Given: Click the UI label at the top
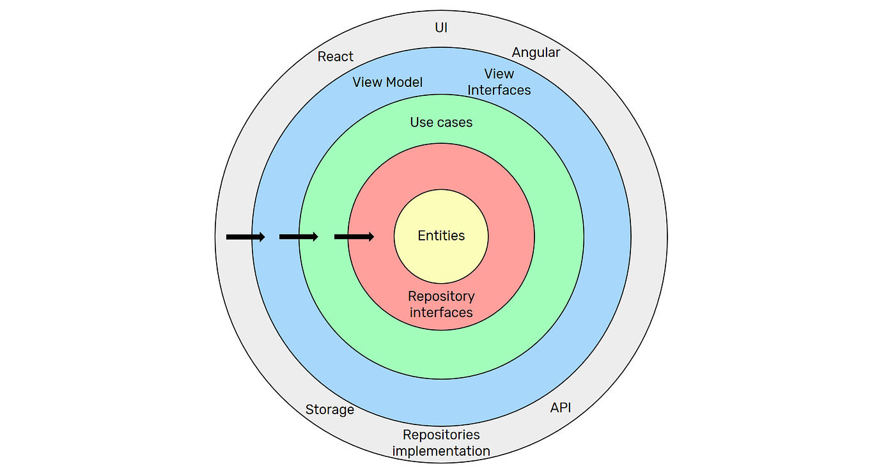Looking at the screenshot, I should click(x=441, y=28).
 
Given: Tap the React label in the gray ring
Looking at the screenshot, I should click(x=336, y=57).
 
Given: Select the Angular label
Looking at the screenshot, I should click(x=536, y=52).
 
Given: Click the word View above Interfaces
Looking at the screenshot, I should click(x=499, y=74).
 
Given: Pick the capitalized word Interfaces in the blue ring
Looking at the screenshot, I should click(x=499, y=90).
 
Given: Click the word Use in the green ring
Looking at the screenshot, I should click(x=421, y=122).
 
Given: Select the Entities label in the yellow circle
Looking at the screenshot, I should click(x=441, y=236).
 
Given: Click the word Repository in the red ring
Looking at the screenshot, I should click(x=441, y=297).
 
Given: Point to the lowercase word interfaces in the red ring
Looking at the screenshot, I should click(x=441, y=313).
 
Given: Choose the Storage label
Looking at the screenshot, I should click(x=330, y=410).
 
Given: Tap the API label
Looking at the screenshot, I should click(x=561, y=408).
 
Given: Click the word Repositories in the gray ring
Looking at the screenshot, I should click(x=441, y=435).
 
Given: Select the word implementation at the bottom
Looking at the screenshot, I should click(x=441, y=451).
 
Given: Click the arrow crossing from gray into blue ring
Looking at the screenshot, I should click(x=245, y=237).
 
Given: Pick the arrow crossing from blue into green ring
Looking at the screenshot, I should click(x=299, y=237).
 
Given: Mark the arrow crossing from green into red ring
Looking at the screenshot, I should click(x=354, y=237).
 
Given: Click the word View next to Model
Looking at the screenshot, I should click(x=367, y=82).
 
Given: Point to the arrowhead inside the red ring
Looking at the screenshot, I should click(x=369, y=237).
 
